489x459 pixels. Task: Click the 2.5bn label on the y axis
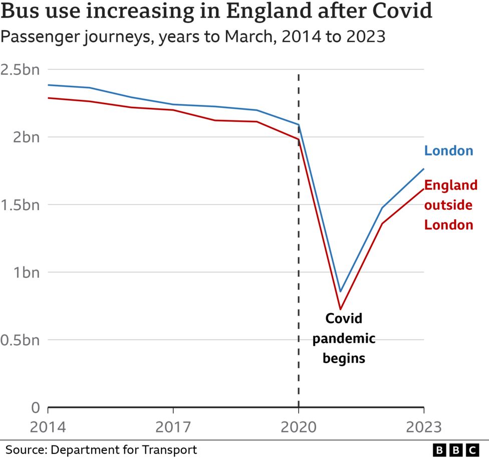click(20, 69)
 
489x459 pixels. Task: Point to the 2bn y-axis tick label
click(24, 137)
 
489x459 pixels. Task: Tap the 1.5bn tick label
click(20, 205)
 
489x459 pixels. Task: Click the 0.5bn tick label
click(20, 340)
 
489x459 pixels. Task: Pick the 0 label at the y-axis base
click(35, 407)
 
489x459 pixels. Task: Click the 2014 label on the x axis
click(48, 427)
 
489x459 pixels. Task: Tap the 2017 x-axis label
click(173, 427)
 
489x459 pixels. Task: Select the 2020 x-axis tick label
click(299, 427)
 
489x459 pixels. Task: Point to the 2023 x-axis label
click(424, 427)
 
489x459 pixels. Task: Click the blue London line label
click(448, 150)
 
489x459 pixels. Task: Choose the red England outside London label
click(450, 205)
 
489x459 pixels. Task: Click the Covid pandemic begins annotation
click(344, 338)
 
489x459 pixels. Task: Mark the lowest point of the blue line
click(340, 291)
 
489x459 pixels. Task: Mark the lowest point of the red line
click(340, 309)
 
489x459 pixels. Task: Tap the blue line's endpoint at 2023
click(424, 169)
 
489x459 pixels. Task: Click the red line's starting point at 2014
click(48, 98)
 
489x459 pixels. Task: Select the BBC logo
click(455, 449)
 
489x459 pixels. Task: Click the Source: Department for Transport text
click(101, 449)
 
